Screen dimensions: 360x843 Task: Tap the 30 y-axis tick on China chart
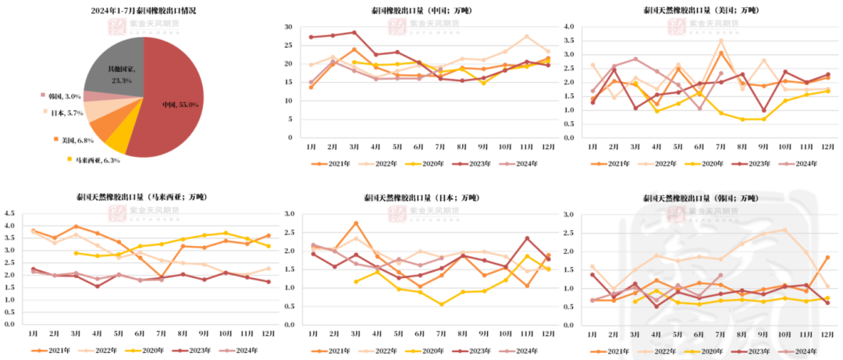pos(288,27)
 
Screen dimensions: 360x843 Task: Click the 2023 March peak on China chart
pos(354,33)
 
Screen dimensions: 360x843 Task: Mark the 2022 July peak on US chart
pos(722,41)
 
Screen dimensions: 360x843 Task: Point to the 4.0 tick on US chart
pos(568,27)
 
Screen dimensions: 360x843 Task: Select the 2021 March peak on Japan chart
pos(355,223)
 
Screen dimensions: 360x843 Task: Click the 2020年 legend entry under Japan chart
pos(425,351)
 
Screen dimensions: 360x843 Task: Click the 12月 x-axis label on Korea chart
pos(827,333)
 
